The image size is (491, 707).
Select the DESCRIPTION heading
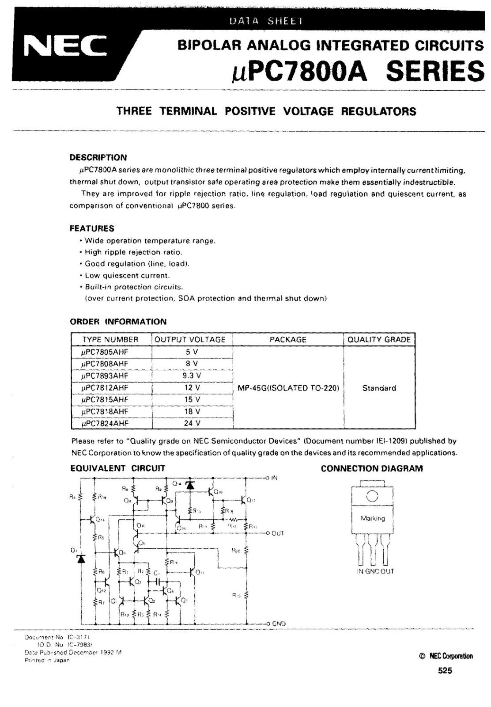(x=98, y=157)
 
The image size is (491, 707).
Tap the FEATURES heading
(x=92, y=228)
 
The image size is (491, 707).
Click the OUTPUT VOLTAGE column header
(x=190, y=339)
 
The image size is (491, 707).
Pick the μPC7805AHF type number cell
(x=105, y=352)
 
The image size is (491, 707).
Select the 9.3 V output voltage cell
(x=192, y=376)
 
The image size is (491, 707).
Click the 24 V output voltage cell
(x=192, y=423)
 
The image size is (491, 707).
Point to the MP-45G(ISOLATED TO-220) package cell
(x=288, y=388)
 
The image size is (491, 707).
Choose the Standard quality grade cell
(x=379, y=388)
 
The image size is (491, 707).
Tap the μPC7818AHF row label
(x=105, y=411)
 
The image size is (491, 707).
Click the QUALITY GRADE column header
(x=379, y=339)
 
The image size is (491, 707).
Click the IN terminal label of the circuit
(x=274, y=478)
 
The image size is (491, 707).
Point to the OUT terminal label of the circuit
(x=277, y=533)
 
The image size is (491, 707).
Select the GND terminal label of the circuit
(x=279, y=623)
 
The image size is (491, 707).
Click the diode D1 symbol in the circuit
(x=80, y=559)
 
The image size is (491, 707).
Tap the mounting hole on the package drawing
(x=372, y=497)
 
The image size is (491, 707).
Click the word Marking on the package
(x=373, y=518)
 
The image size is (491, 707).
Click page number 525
(x=445, y=670)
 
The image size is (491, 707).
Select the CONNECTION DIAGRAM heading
(x=372, y=468)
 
